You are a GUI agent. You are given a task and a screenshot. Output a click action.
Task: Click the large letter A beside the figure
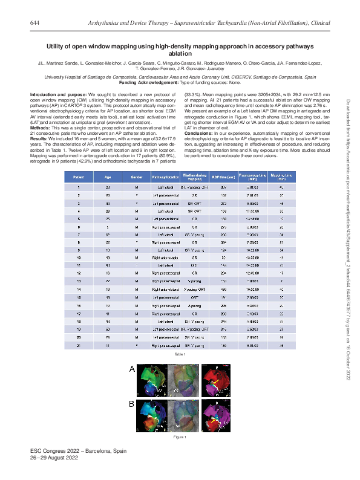(x=132, y=368)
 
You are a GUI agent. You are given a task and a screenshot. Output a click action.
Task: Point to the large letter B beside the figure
(x=132, y=401)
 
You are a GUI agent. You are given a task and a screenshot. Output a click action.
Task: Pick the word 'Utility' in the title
(x=56, y=46)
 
